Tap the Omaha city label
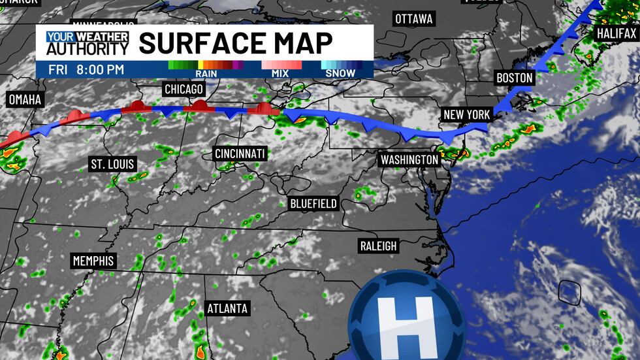[25, 100]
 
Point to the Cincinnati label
[240, 154]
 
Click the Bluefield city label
[313, 204]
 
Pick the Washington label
[409, 159]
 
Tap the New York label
[466, 114]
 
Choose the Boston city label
[515, 78]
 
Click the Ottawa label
[413, 19]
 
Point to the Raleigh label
[378, 246]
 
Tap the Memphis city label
[93, 261]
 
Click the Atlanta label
[227, 308]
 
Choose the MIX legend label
[281, 74]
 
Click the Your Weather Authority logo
[88, 42]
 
